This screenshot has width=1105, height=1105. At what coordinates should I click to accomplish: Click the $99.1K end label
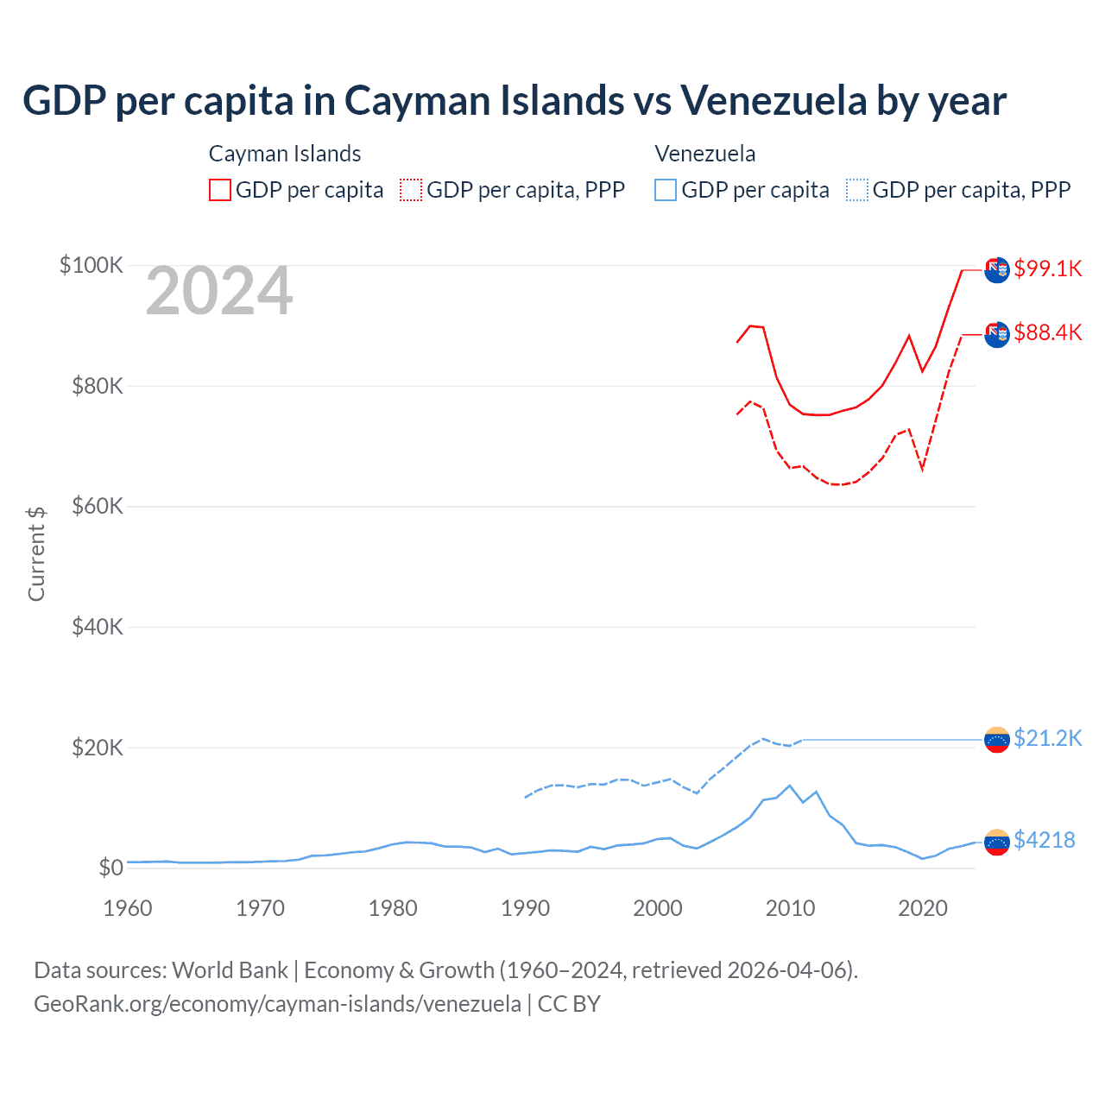[x=1047, y=268]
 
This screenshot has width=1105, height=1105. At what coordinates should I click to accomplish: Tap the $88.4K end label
[x=1047, y=332]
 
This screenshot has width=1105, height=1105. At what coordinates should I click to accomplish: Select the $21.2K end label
[x=1047, y=738]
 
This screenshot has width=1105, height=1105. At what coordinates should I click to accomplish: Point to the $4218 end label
[x=1044, y=840]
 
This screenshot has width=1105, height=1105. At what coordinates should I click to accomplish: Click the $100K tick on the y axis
[x=92, y=265]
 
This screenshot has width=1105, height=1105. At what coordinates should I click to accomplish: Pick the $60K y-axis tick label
[x=98, y=506]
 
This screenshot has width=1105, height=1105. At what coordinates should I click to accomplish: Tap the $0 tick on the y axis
[x=110, y=868]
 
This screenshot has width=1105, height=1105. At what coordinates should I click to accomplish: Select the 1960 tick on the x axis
[x=128, y=908]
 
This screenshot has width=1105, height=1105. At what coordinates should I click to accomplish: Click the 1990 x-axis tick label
[x=525, y=908]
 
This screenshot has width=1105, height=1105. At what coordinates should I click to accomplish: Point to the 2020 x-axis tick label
[x=923, y=908]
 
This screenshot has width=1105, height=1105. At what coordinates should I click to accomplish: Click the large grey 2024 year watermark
[x=219, y=292]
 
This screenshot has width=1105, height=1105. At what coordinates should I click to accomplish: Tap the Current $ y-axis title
[x=36, y=553]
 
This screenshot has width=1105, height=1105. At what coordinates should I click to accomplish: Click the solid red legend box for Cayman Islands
[x=220, y=190]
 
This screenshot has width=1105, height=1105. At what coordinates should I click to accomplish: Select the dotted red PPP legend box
[x=411, y=190]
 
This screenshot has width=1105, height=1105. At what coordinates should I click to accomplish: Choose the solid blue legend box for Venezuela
[x=666, y=190]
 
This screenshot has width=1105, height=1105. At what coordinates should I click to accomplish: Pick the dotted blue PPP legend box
[x=857, y=190]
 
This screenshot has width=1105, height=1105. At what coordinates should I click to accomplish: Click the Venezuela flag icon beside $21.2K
[x=997, y=739]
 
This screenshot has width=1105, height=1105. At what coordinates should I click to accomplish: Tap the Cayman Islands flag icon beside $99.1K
[x=997, y=269]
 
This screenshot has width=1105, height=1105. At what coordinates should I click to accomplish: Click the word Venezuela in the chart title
[x=773, y=100]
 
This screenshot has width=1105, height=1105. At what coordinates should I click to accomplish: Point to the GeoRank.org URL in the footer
[x=277, y=1004]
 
